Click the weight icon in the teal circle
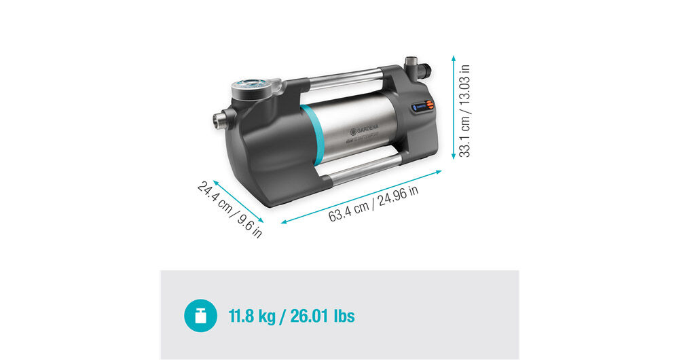pos(201,315)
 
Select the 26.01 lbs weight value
pos(323,316)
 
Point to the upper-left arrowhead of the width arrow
pos(215,182)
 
